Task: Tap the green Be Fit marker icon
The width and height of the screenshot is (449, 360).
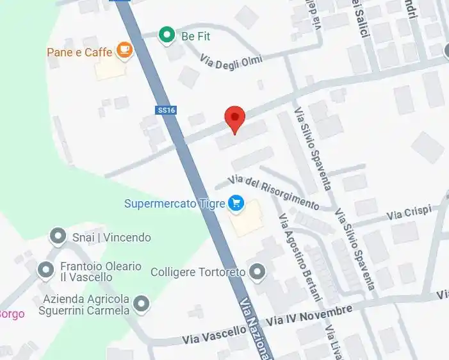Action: [x=167, y=35]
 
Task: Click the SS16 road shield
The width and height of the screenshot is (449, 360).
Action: [x=165, y=110]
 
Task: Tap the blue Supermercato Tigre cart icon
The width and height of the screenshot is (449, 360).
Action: [x=236, y=204]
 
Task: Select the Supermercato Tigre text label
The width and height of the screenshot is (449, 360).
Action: [x=174, y=204]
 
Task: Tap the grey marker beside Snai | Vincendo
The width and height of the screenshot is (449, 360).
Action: [x=58, y=237]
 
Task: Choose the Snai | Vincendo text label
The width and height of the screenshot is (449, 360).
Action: [x=110, y=238]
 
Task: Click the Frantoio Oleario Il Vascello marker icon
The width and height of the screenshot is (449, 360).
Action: [x=45, y=270]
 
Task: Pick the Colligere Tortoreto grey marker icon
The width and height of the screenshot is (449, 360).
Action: [x=257, y=272]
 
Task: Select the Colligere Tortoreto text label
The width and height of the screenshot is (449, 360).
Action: [x=198, y=272]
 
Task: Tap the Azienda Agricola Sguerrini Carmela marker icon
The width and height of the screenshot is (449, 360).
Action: [x=141, y=304]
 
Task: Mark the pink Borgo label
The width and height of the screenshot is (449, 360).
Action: [x=11, y=314]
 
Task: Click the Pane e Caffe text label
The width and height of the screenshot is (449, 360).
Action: [x=79, y=52]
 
